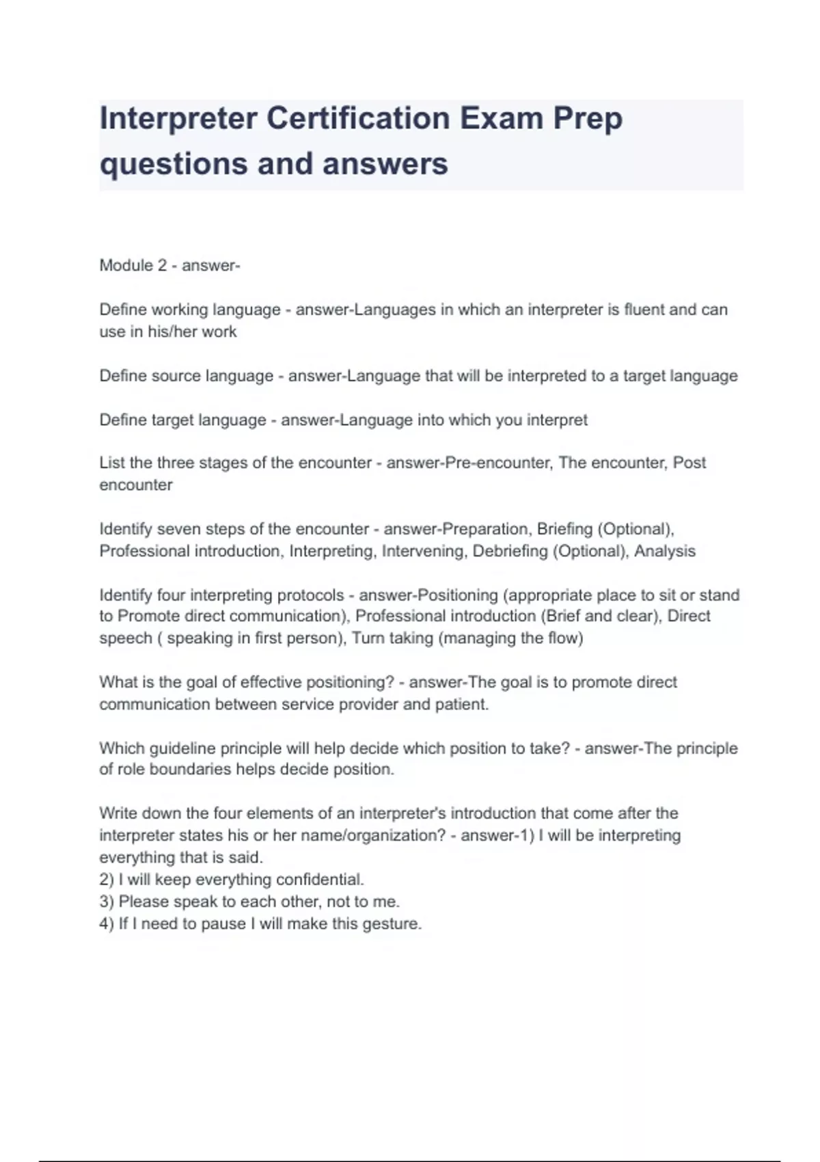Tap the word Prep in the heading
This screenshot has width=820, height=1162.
588,118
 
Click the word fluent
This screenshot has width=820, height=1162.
644,310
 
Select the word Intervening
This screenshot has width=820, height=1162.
422,551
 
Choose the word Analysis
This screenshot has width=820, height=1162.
664,551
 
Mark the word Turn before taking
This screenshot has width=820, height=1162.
368,638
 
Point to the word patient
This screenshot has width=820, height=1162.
462,704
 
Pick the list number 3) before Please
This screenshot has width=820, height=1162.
107,902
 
